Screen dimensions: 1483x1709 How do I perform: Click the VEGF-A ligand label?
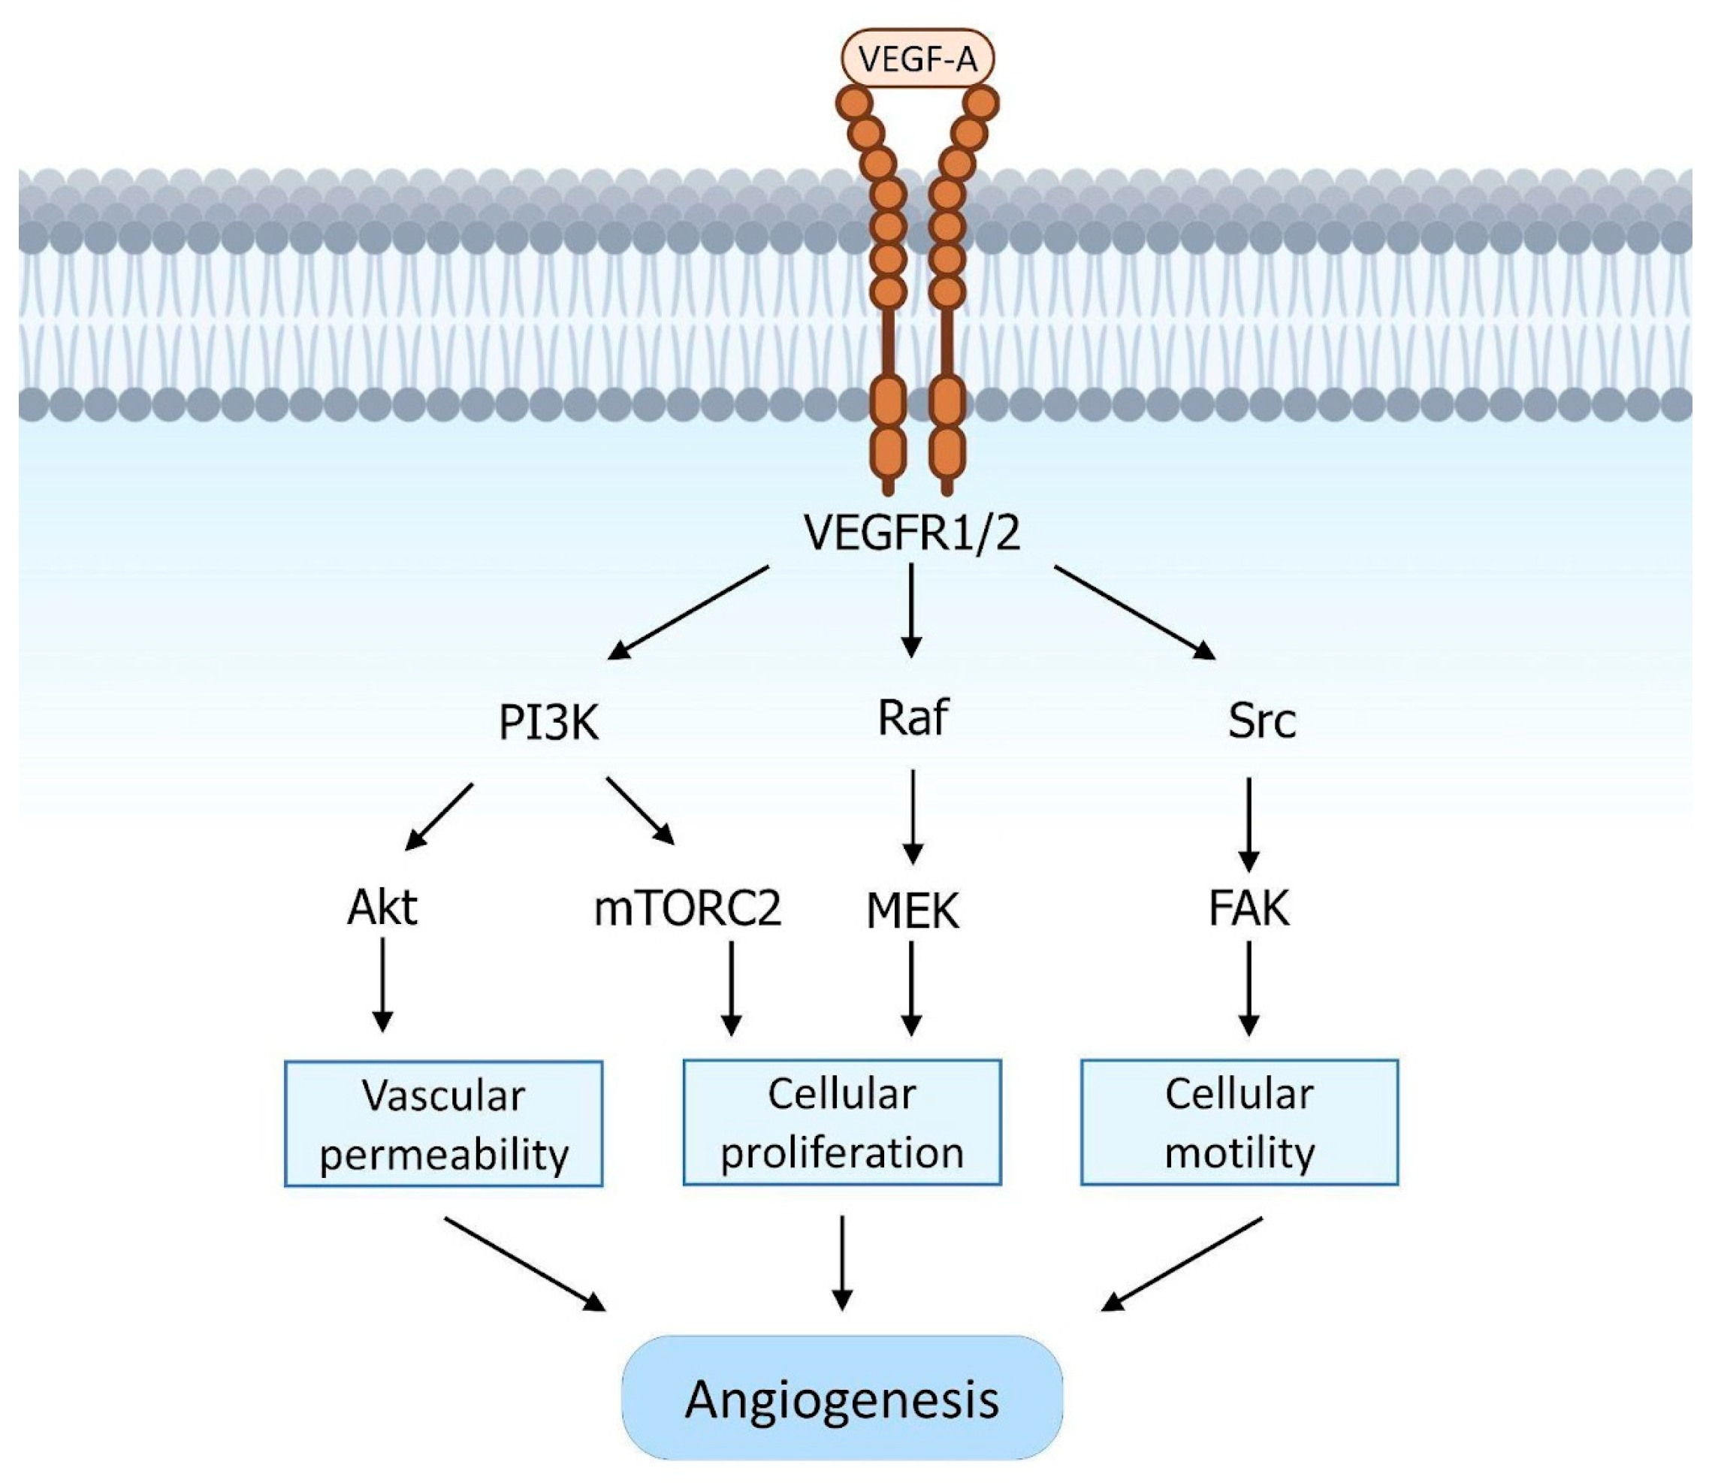click(917, 59)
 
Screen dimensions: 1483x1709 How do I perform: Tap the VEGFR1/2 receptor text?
click(912, 532)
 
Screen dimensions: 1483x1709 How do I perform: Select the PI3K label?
click(548, 723)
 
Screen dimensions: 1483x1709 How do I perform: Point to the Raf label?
click(912, 718)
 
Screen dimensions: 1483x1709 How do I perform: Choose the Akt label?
click(382, 908)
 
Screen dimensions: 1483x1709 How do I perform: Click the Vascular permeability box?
click(444, 1124)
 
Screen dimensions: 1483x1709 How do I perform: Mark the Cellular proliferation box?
click(841, 1122)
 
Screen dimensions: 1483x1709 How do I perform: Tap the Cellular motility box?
click(1239, 1122)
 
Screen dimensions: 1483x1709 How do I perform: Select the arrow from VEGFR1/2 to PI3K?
click(690, 612)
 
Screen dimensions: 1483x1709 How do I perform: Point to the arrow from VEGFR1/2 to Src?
click(1134, 612)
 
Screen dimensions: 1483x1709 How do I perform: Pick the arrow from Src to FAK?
click(1249, 823)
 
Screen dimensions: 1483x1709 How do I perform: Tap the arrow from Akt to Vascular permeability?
click(382, 985)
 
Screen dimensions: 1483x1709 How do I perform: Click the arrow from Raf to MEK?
click(912, 816)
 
